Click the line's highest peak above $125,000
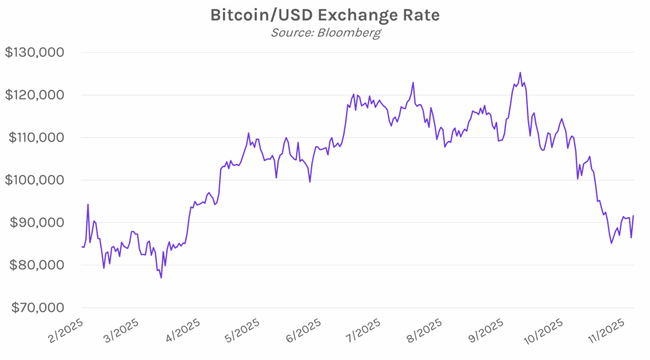click(x=520, y=72)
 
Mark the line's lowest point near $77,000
click(x=161, y=277)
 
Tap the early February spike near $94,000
click(x=88, y=204)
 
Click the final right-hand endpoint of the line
click(x=633, y=216)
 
